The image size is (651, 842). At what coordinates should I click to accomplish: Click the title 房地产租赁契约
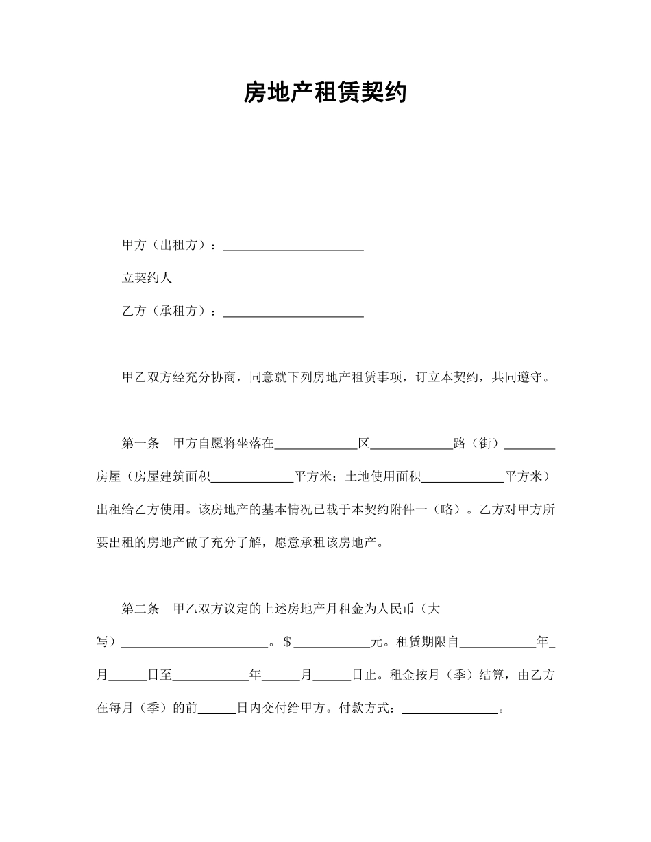point(325,92)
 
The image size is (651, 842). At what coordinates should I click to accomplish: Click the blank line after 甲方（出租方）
point(293,245)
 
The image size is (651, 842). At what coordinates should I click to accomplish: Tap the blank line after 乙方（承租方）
point(293,311)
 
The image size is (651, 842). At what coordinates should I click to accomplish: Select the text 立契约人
point(147,278)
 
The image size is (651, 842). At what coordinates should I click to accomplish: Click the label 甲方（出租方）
point(168,245)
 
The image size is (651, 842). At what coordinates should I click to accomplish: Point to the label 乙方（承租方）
point(168,311)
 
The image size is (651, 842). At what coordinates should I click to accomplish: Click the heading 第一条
point(140,444)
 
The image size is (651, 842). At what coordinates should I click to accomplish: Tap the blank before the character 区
point(316,444)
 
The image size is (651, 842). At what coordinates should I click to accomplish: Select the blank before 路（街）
point(411,444)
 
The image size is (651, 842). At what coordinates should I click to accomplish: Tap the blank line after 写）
point(195,642)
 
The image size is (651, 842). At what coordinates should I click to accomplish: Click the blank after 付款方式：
point(450,709)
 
